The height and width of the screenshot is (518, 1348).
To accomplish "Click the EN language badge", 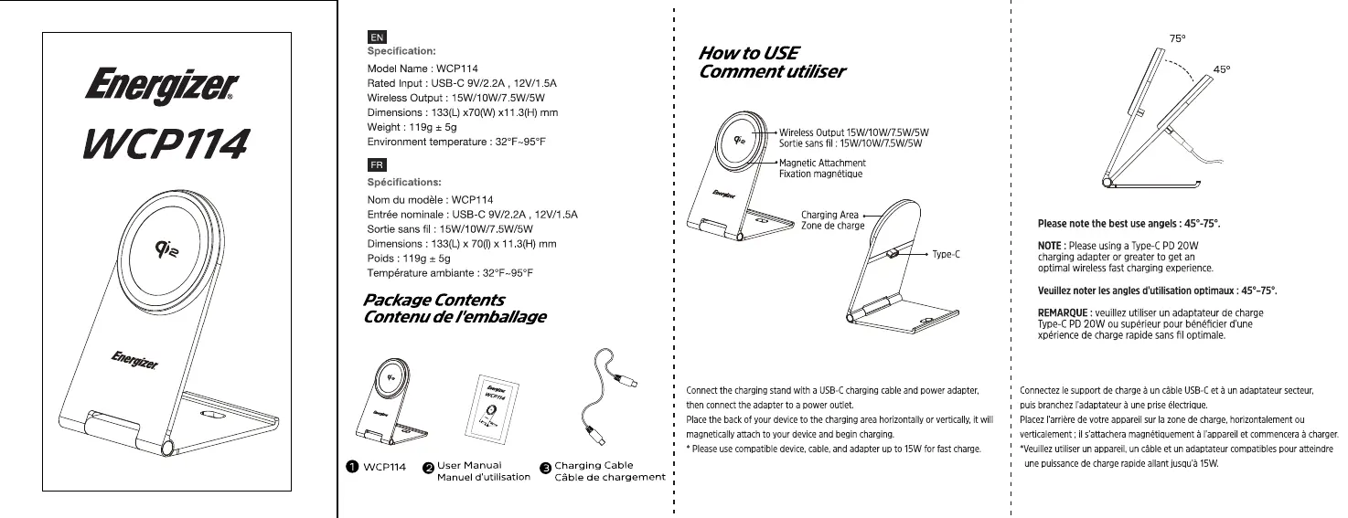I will (376, 37).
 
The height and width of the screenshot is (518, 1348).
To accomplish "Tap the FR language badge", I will (376, 165).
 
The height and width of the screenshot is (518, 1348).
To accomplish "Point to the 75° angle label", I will (1178, 37).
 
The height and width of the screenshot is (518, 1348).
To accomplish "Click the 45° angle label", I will (1221, 69).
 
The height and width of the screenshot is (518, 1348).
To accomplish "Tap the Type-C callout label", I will (946, 254).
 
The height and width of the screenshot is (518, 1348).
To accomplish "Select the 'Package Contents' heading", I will (433, 300).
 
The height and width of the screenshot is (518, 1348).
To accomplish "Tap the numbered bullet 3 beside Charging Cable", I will (546, 468).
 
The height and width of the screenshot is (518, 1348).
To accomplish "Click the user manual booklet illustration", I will (497, 407).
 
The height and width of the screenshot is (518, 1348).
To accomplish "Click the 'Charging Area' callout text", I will (829, 215).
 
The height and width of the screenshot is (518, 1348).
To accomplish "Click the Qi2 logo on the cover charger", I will (166, 246).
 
